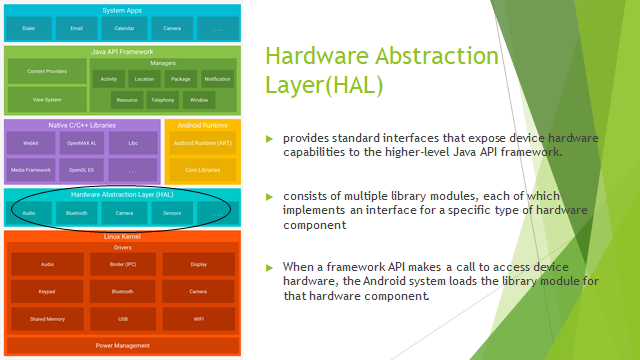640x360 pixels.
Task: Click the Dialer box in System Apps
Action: pyautogui.click(x=29, y=29)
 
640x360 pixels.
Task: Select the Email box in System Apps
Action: pyautogui.click(x=76, y=29)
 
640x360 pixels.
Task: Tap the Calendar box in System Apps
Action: pyautogui.click(x=123, y=29)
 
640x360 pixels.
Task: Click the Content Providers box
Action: pyautogui.click(x=47, y=72)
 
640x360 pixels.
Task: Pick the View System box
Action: pyautogui.click(x=47, y=100)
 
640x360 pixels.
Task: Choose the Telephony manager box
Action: pyautogui.click(x=163, y=100)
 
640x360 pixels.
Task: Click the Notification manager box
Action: pyautogui.click(x=217, y=78)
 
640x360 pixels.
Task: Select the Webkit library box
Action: pyautogui.click(x=30, y=143)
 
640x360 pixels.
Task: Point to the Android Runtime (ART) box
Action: pyautogui.click(x=203, y=143)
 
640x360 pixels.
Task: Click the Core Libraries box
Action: pyautogui.click(x=203, y=171)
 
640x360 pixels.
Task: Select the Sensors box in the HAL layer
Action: pyautogui.click(x=171, y=213)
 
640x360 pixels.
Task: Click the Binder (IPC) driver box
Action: pyautogui.click(x=123, y=264)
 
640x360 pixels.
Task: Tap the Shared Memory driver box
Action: pyautogui.click(x=47, y=320)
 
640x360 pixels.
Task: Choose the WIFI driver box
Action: pyautogui.click(x=198, y=320)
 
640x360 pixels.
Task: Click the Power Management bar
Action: pyautogui.click(x=123, y=346)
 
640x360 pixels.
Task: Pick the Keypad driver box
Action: pyautogui.click(x=47, y=292)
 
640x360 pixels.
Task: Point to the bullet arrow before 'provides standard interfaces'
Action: pyautogui.click(x=268, y=137)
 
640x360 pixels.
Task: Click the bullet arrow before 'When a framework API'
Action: pyautogui.click(x=268, y=268)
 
